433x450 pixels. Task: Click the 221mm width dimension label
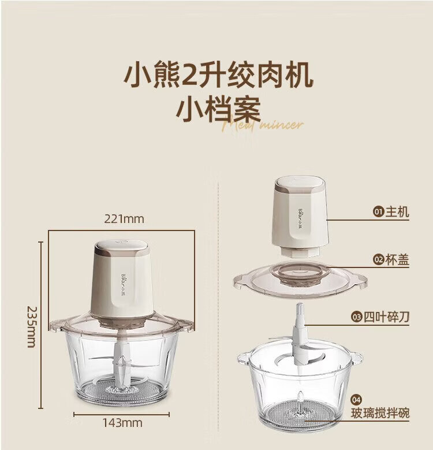coord(124,219)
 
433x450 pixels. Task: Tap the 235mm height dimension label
coord(32,327)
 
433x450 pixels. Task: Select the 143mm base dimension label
coord(122,423)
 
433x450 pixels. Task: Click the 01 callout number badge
coord(379,212)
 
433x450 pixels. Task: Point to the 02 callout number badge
coord(379,260)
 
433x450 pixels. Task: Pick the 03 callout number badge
coord(357,317)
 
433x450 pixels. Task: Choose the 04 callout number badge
coord(356,400)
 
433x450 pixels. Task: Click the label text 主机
coord(397,212)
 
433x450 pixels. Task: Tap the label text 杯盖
coord(397,260)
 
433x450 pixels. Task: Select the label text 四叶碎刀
coord(387,317)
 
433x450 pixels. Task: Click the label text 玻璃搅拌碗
coord(380,413)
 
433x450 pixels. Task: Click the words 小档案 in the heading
coord(218,109)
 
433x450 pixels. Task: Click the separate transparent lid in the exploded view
coord(300,279)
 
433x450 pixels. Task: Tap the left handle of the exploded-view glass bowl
coord(243,359)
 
